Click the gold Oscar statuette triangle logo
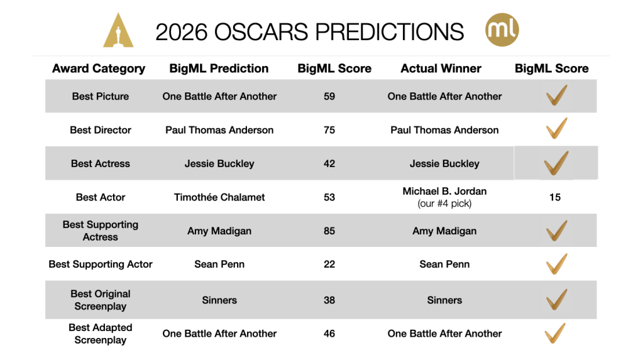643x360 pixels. coord(118,31)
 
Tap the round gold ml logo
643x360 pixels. coord(502,30)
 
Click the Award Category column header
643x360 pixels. coord(99,68)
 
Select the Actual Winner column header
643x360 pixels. coord(441,68)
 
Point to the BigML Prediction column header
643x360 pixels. coord(219,68)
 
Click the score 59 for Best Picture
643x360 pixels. coord(329,96)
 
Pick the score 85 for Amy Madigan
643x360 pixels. coord(329,231)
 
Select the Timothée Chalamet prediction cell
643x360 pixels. coord(219,197)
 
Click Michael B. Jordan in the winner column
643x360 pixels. coord(444,192)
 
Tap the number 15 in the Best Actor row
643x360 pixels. coord(555,197)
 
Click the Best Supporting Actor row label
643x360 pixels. coord(101,265)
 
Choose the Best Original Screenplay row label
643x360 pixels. coord(101,300)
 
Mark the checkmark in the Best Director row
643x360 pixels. coord(556,128)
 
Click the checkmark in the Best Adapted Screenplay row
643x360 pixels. coord(555,333)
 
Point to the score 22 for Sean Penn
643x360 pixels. coord(329,265)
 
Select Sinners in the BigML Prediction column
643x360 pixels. coord(219,300)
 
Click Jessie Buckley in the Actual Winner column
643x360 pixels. coord(444,163)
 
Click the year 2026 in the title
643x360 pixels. coord(181,32)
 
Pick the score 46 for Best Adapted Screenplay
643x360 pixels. coord(329,334)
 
